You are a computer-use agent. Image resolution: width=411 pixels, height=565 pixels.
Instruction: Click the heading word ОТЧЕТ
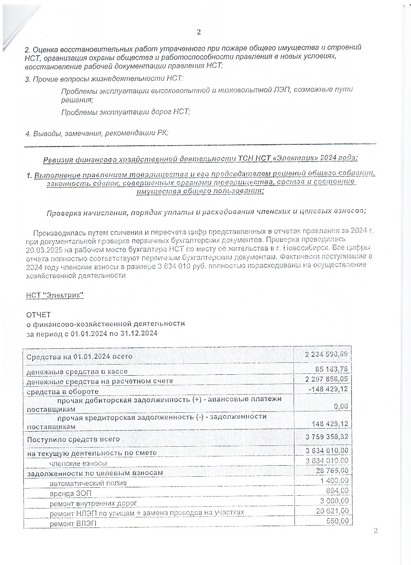click(39, 315)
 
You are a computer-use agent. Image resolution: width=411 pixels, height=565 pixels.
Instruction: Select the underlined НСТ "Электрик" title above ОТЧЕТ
click(55, 295)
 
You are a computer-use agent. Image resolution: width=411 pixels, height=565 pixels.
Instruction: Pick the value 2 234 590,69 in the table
click(327, 355)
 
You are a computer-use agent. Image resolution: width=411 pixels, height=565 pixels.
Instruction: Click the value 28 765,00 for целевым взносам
click(332, 472)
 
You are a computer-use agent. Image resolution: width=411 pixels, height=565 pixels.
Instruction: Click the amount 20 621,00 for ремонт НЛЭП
click(332, 511)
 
